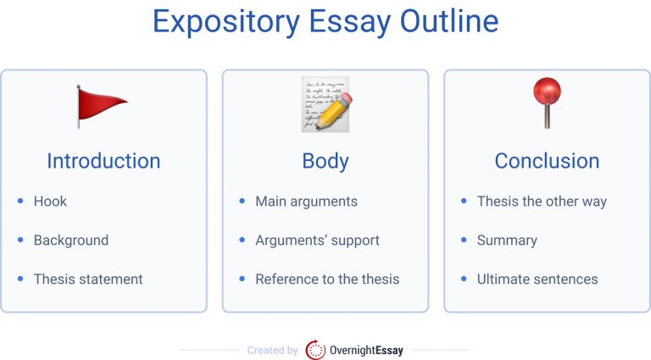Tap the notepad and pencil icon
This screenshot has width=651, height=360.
tap(325, 104)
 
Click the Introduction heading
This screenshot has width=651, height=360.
tap(103, 161)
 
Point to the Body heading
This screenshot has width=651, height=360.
tap(325, 161)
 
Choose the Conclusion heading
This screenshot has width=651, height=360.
tap(547, 161)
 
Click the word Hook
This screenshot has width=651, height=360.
tap(50, 202)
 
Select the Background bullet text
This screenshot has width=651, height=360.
tap(71, 241)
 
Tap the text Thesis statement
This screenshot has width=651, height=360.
tap(88, 279)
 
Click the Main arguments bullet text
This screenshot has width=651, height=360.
tap(306, 202)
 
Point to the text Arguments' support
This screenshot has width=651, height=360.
tap(317, 241)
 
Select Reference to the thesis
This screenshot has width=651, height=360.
tap(327, 279)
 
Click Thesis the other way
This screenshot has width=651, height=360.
tap(542, 202)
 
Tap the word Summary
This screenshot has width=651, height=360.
tap(507, 241)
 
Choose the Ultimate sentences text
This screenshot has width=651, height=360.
tap(537, 279)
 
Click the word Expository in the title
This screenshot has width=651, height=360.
tap(222, 22)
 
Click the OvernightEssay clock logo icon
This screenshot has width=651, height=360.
tap(315, 350)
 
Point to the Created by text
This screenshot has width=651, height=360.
tap(272, 350)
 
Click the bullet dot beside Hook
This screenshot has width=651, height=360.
tap(20, 202)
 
